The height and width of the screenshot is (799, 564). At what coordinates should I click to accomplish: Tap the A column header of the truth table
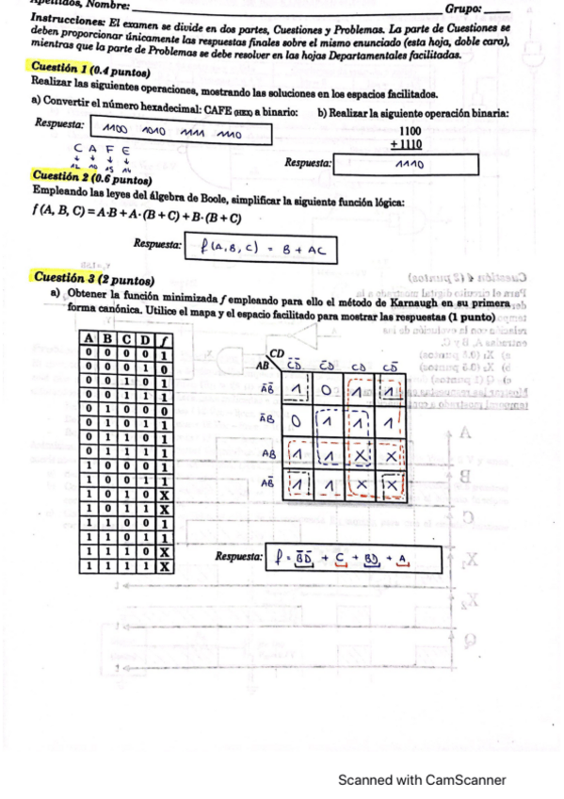coord(89,339)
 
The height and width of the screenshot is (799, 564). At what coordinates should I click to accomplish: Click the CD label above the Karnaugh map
coord(277,351)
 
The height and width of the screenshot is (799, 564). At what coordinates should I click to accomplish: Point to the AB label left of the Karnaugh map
coord(262,365)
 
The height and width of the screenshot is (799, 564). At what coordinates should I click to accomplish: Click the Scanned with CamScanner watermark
coord(423,780)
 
